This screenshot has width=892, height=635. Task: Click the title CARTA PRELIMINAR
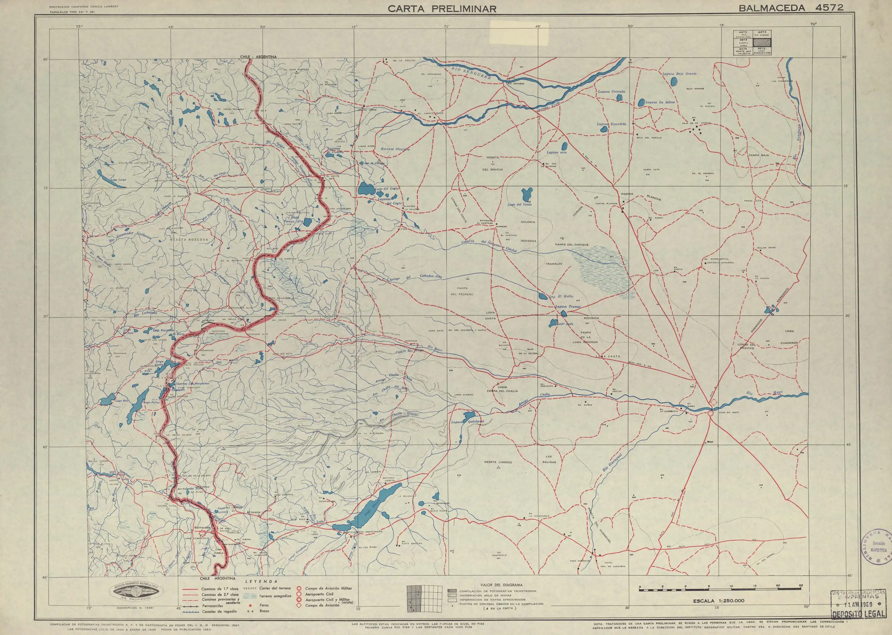[x=442, y=9]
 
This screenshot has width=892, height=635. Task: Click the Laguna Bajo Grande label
[x=679, y=73]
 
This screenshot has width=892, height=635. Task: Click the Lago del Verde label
[x=519, y=205]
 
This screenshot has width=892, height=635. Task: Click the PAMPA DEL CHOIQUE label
[x=571, y=245]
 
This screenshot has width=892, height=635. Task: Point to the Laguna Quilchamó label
[x=467, y=421]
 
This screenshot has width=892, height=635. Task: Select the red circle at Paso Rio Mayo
[x=710, y=413]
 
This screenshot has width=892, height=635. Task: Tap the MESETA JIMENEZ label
[x=498, y=462]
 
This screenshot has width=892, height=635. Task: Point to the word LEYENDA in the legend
[x=264, y=581]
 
